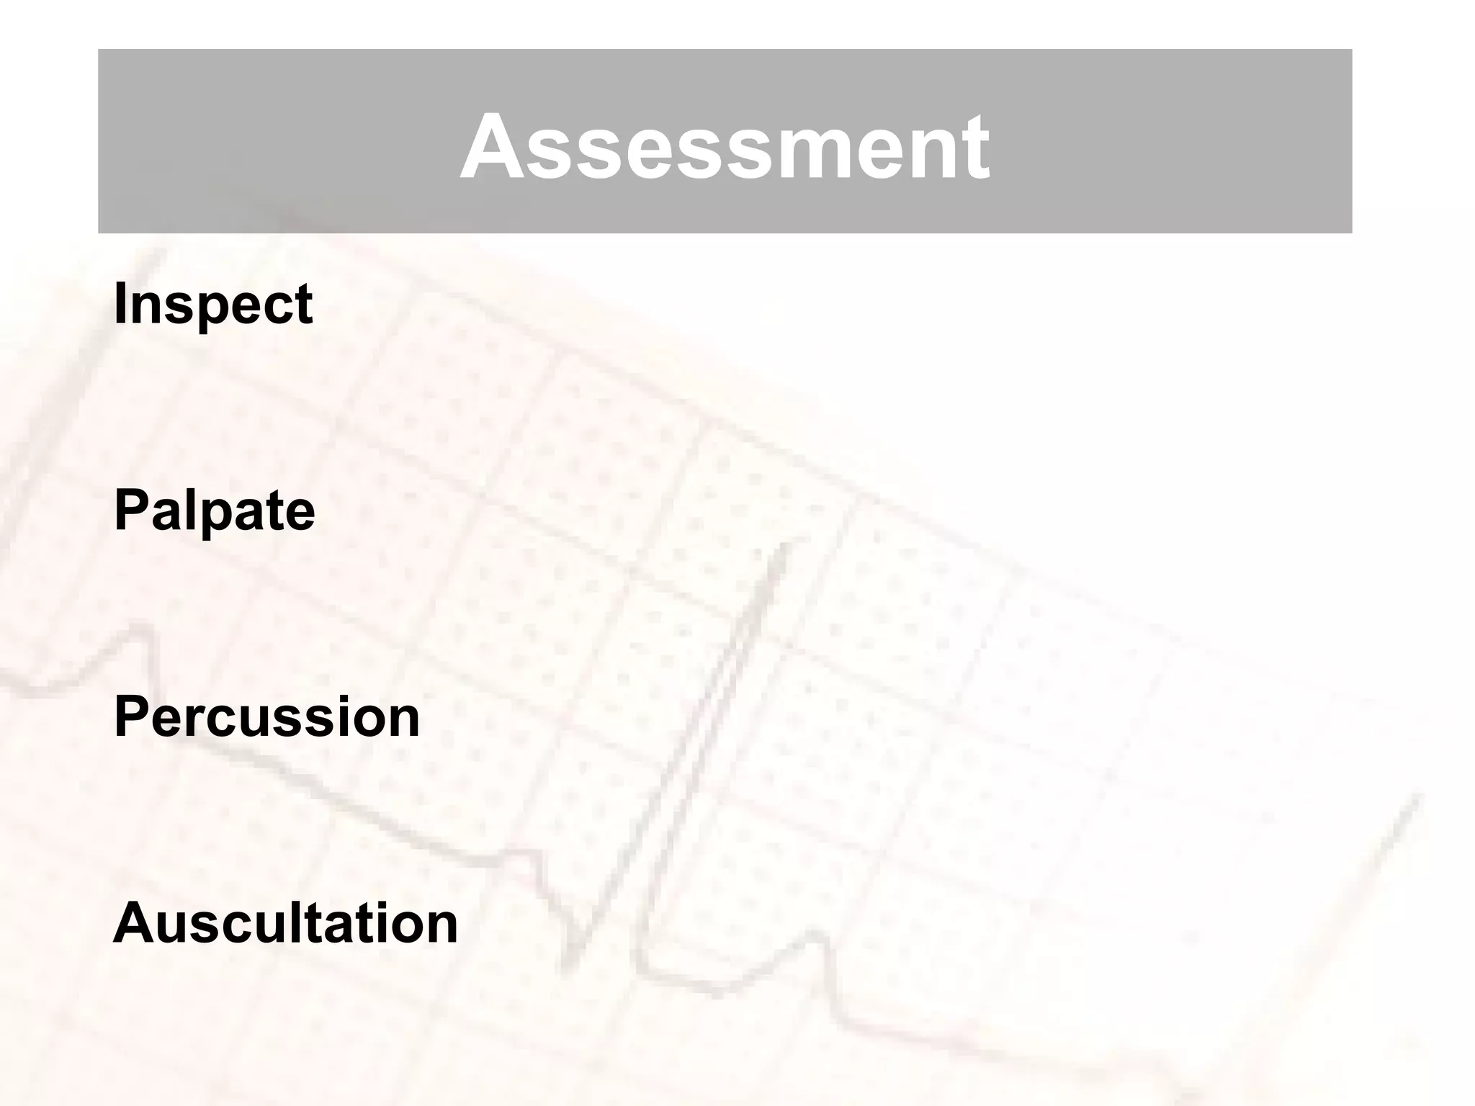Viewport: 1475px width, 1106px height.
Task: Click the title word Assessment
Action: point(725,148)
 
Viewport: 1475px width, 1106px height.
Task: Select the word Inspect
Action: point(213,305)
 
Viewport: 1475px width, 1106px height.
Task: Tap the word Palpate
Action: point(215,511)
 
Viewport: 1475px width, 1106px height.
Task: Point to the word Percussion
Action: point(266,717)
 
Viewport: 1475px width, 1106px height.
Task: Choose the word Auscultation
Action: point(286,924)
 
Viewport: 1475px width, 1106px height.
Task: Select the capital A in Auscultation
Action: point(134,923)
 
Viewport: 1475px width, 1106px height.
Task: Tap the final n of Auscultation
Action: point(441,927)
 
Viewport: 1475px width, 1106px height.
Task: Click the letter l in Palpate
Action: point(191,510)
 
